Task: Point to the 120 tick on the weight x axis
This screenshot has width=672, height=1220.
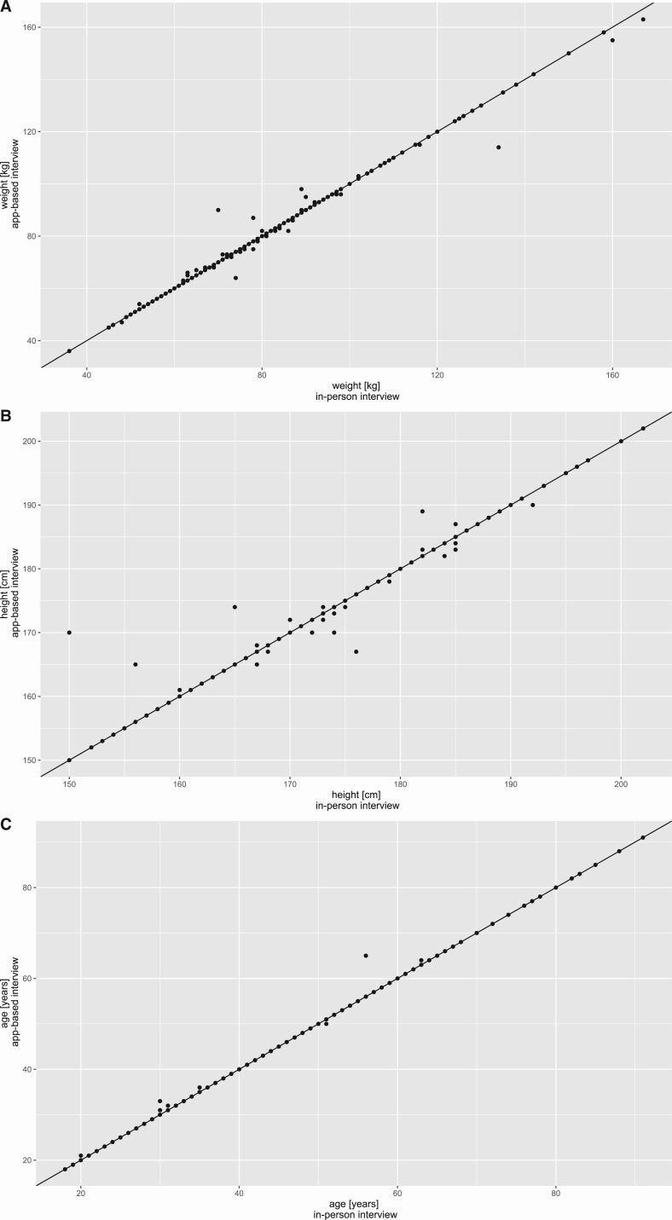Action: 437,376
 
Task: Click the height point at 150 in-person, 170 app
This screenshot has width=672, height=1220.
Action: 69,633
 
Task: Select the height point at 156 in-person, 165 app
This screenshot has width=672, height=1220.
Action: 136,664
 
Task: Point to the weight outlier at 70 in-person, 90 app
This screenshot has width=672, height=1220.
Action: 218,210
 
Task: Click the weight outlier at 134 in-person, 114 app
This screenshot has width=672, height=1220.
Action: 499,147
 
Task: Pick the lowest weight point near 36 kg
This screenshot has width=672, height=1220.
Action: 69,351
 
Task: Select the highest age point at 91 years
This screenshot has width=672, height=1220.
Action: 643,837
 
